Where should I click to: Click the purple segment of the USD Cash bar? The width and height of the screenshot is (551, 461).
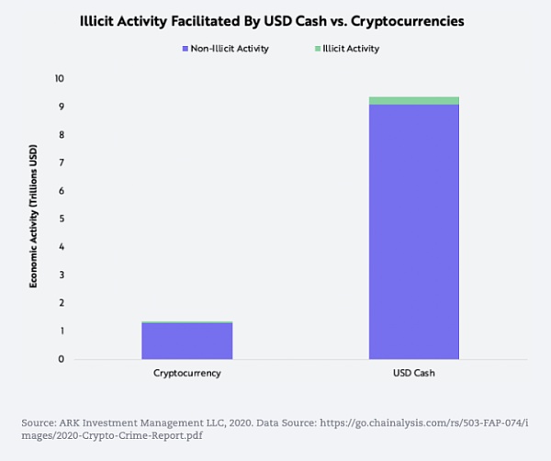(x=413, y=230)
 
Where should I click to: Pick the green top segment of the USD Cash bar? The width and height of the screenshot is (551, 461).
(x=413, y=100)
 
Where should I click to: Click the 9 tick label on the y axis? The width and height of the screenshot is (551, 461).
(x=61, y=107)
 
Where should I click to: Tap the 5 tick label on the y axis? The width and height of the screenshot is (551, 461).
(x=61, y=219)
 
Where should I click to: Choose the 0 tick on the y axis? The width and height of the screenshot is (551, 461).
(x=61, y=359)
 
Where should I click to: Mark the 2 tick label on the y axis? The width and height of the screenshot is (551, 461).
(x=61, y=303)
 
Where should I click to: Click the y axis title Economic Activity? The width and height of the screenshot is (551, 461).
(x=34, y=219)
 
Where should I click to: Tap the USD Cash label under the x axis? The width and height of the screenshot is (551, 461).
(x=413, y=375)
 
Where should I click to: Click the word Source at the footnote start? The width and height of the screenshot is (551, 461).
(x=39, y=422)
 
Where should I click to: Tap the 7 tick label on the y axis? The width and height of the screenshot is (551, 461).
(x=61, y=163)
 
